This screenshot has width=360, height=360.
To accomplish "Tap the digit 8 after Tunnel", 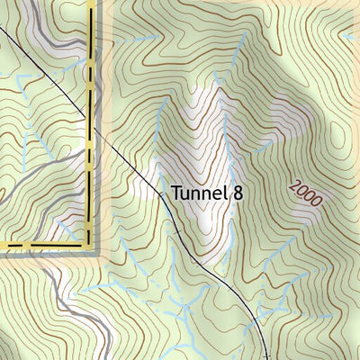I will click(x=238, y=193).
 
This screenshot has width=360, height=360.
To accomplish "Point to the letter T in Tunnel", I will click(x=176, y=193).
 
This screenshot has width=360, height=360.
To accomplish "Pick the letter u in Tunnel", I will click(x=186, y=194).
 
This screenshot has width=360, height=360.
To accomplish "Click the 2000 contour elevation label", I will click(x=305, y=192).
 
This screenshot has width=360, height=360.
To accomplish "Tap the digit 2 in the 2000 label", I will click(x=296, y=184).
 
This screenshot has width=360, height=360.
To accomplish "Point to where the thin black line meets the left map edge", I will click(x=1, y=30).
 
